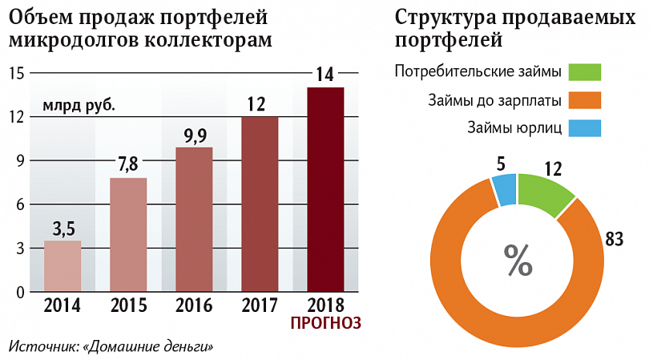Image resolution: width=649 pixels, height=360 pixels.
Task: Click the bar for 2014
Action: click(x=62, y=265)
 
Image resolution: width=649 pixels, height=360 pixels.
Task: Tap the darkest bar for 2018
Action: click(x=325, y=188)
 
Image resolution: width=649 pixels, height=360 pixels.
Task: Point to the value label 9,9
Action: click(x=194, y=135)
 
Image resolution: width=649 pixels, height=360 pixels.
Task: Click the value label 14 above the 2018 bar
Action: click(x=325, y=75)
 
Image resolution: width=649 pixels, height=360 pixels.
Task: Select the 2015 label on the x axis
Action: click(x=128, y=305)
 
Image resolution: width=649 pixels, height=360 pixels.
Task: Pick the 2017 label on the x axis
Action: click(x=260, y=305)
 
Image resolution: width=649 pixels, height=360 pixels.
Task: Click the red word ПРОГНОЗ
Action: click(x=325, y=322)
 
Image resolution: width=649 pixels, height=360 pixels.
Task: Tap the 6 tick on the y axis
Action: click(x=18, y=204)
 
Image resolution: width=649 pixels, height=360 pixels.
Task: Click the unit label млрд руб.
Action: click(x=79, y=104)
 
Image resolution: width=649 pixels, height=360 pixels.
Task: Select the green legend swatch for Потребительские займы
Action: click(x=585, y=73)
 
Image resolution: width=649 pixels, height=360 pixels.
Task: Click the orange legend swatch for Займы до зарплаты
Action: click(x=585, y=100)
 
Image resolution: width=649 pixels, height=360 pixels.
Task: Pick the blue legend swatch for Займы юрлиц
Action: click(x=585, y=127)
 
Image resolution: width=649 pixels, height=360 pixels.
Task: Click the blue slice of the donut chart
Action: click(x=505, y=190)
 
